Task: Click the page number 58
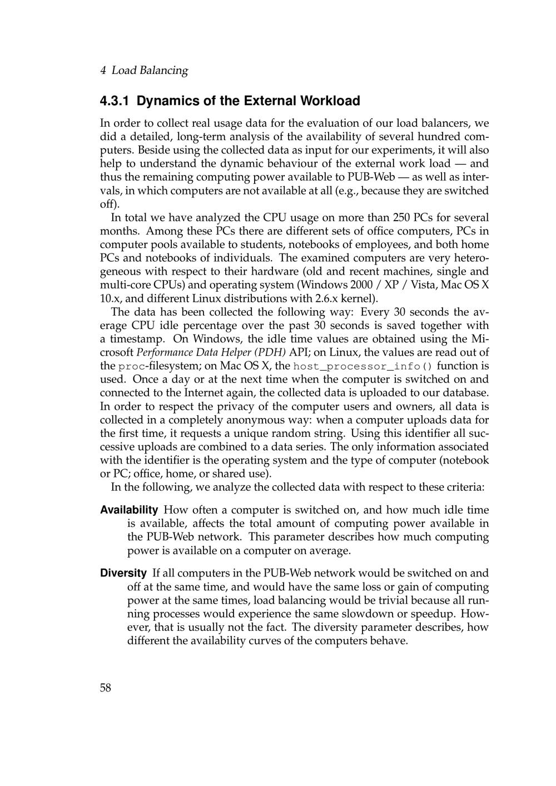click(106, 688)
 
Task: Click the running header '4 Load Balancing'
click(144, 71)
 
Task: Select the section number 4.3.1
click(115, 101)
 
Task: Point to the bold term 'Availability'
click(129, 510)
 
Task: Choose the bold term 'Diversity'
click(123, 573)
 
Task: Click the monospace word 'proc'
click(132, 366)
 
